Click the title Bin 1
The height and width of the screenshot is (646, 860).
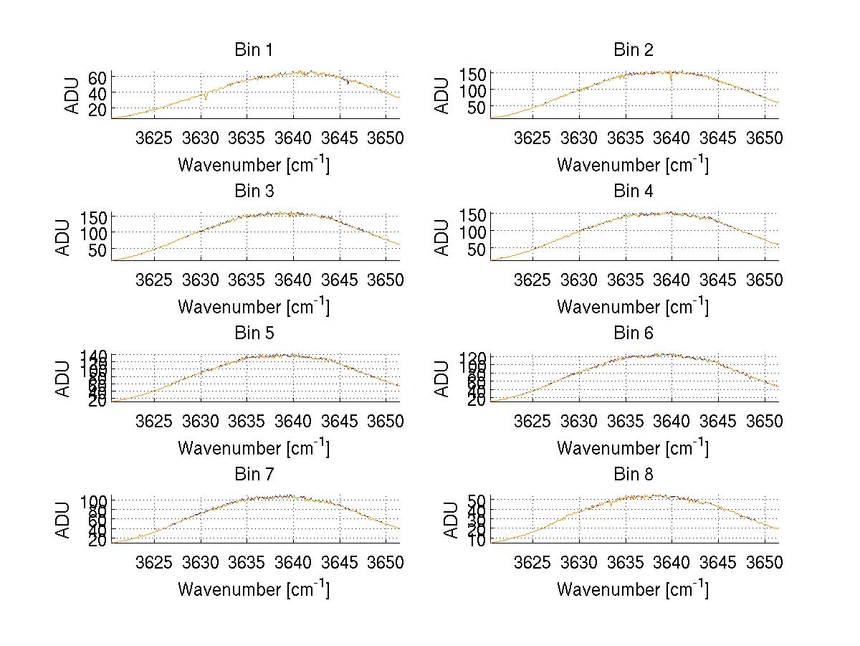(254, 50)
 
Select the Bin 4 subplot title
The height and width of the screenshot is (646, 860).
(633, 191)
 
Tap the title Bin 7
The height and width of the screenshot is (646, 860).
(254, 475)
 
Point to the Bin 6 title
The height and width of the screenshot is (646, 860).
(633, 333)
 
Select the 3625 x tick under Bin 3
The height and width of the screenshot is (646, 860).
(154, 279)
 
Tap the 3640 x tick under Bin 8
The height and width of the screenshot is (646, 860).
(672, 562)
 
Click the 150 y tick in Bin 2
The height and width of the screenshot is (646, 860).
(473, 73)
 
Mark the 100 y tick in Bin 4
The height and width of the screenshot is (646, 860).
(473, 231)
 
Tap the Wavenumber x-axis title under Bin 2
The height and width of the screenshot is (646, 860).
(633, 165)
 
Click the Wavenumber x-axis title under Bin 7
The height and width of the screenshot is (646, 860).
(254, 589)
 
